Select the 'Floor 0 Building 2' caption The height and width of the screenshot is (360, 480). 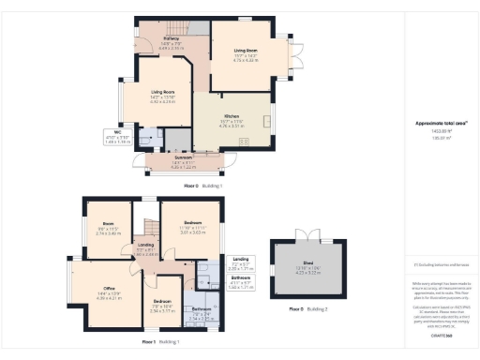coord(310,308)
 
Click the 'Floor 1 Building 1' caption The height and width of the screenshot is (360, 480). coord(161,342)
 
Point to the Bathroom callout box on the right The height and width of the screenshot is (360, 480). coord(242,281)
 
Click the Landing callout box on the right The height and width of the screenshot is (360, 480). coord(241,265)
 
